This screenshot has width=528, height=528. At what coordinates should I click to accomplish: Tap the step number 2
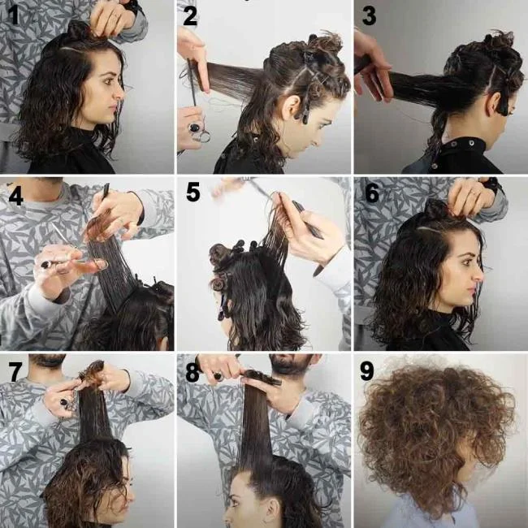pos(190,15)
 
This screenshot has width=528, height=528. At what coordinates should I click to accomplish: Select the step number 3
pos(367,15)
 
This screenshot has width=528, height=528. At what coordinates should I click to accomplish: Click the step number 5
pos(193,193)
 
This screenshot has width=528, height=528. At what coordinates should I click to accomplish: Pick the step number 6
pos(371,193)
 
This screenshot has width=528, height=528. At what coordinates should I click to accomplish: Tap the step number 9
pos(367,371)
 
